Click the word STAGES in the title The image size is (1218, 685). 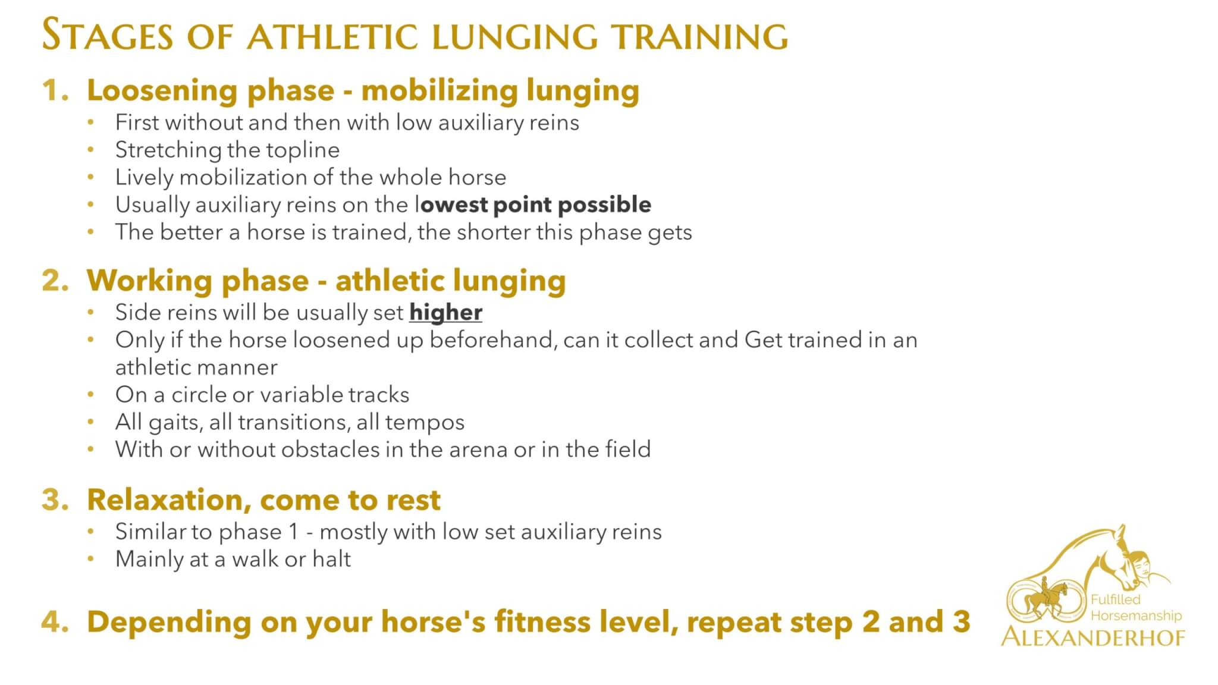pos(107,35)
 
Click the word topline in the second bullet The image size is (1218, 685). pos(303,150)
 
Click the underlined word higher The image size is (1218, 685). pos(445,313)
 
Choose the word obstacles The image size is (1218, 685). pos(331,450)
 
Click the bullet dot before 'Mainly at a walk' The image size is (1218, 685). pos(90,559)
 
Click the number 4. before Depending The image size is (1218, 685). pos(56,622)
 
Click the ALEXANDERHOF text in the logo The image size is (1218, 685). pos(1093,637)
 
